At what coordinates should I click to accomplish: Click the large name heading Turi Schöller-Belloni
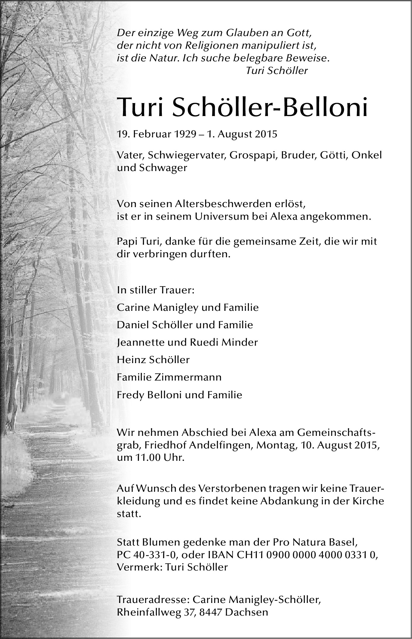point(242,107)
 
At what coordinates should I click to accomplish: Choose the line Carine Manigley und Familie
point(188,307)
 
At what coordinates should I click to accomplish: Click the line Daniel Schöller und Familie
point(185,325)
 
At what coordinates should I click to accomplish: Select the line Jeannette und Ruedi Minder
point(187,342)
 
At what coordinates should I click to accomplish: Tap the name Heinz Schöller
point(153,360)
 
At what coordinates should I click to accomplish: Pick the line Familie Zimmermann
point(169,377)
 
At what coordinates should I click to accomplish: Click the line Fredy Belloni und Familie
point(180,395)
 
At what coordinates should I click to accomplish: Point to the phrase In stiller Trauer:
point(156,290)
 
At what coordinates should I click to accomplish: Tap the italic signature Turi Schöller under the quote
point(277,71)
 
